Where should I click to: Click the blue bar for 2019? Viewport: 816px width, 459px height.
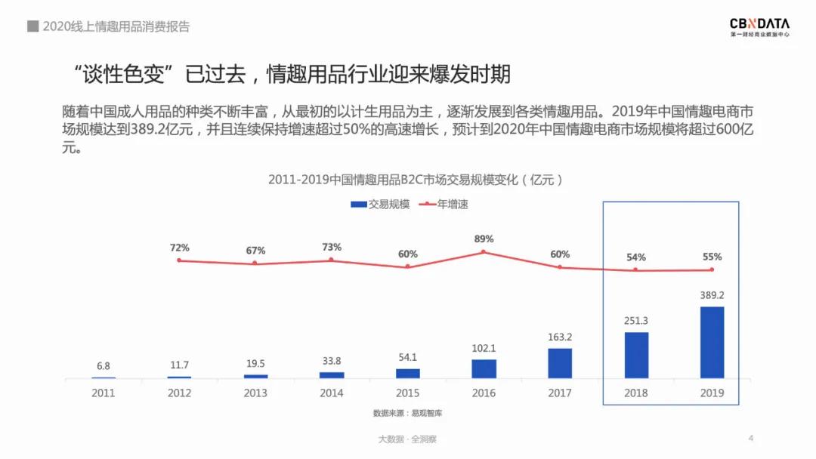point(712,342)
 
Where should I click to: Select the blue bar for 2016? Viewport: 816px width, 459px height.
point(484,368)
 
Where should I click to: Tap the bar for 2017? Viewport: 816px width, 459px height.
point(560,363)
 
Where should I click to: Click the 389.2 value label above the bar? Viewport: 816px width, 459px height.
point(712,295)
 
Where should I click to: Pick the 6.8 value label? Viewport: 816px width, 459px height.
point(103,366)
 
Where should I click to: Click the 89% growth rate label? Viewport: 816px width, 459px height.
point(484,239)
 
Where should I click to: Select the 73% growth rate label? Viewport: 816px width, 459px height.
point(332,247)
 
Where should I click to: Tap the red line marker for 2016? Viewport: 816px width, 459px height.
point(484,252)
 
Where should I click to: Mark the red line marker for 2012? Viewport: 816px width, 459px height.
point(179,260)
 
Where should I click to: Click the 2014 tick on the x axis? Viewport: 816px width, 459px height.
point(332,393)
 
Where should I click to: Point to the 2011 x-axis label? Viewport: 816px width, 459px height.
point(104,393)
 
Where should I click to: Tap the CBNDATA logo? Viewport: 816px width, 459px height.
point(759,27)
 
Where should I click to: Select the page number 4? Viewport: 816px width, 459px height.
point(751,438)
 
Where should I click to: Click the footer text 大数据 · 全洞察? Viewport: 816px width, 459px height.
point(407,439)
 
